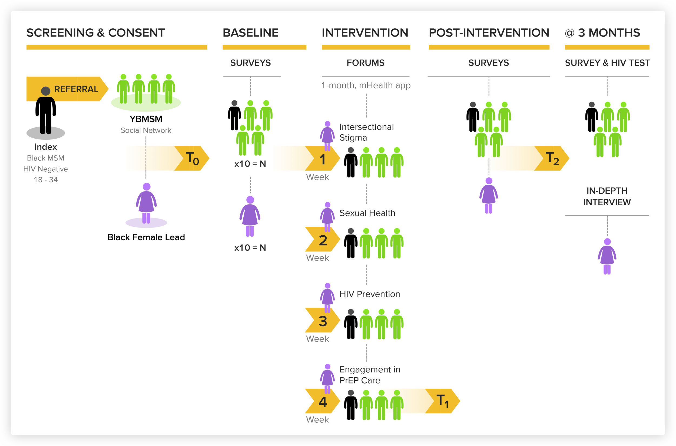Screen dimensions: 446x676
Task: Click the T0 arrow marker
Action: click(192, 158)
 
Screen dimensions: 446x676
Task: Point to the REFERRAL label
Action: click(76, 89)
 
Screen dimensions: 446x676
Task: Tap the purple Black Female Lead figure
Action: click(146, 203)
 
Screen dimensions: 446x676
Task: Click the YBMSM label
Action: click(146, 119)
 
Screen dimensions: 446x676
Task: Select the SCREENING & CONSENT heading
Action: click(96, 33)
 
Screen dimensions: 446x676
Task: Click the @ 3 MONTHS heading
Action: click(602, 33)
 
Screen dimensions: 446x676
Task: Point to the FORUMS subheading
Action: click(365, 63)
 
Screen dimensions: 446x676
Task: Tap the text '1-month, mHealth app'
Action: click(366, 85)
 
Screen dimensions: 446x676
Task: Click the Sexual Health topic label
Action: click(367, 213)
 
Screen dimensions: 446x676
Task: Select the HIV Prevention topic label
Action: click(370, 294)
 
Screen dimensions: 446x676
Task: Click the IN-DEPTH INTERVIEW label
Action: click(607, 196)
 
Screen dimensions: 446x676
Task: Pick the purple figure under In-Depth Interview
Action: click(607, 256)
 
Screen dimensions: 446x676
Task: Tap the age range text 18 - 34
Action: click(46, 180)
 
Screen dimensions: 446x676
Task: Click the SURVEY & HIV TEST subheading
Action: click(607, 63)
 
